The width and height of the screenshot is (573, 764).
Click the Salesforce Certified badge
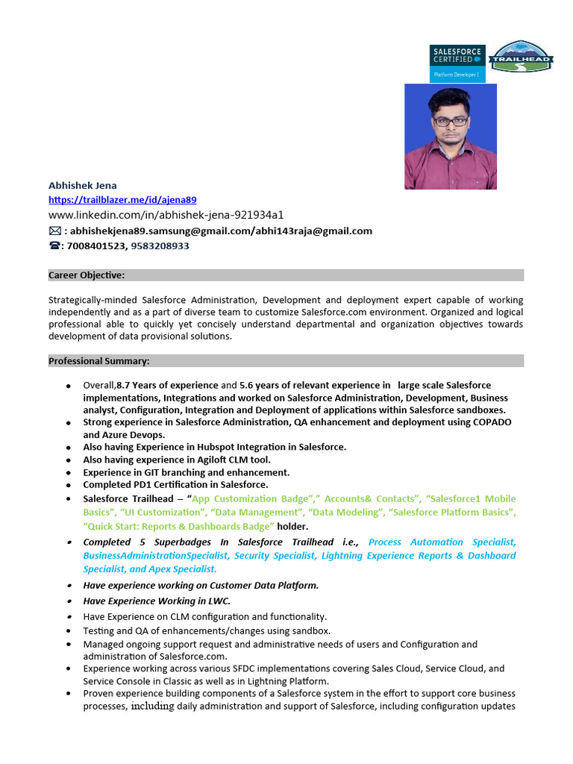457,63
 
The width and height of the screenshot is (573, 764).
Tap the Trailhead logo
521,57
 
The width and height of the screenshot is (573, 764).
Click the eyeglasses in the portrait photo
450,120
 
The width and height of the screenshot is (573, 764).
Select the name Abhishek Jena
83,185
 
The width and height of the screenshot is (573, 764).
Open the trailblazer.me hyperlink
122,200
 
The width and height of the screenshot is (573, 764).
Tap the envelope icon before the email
55,231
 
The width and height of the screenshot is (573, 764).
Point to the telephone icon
54,245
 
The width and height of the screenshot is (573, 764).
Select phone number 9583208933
160,245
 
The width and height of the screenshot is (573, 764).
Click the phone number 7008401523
96,245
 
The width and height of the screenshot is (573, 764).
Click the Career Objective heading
87,275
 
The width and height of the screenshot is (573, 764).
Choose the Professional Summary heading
99,361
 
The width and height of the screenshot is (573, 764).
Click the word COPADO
492,422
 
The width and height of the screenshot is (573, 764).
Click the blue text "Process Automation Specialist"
442,542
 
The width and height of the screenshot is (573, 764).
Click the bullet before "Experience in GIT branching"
69,473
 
